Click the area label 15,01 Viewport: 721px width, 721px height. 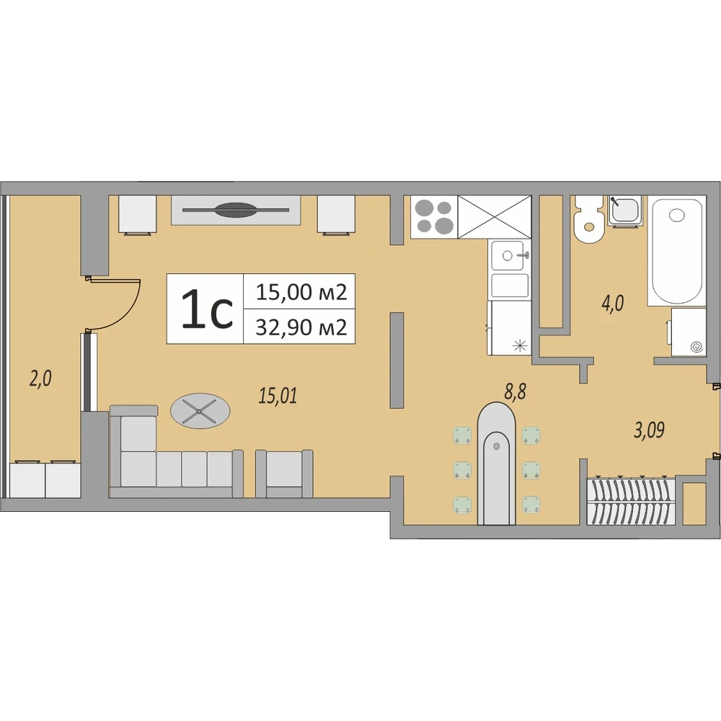coord(278,395)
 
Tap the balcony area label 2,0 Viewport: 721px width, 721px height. coord(40,379)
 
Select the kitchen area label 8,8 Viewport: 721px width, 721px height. coord(515,392)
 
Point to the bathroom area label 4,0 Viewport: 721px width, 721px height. coord(612,304)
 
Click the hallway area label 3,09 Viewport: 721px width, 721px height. coord(650,430)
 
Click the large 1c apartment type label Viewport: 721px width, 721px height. coord(208,309)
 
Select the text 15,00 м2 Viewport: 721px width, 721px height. coord(301,292)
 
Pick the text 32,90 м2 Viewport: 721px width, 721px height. coord(301,327)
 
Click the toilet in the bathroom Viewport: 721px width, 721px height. coord(588,218)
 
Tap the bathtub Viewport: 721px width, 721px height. coord(677,250)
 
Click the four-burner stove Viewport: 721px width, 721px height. coord(434,216)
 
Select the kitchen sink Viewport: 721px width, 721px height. coord(510,255)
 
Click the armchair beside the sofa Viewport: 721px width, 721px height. coord(284,473)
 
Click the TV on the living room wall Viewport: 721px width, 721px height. coord(236,210)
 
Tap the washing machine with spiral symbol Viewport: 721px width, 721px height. coord(689,332)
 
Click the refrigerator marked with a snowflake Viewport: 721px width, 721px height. coord(509,327)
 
